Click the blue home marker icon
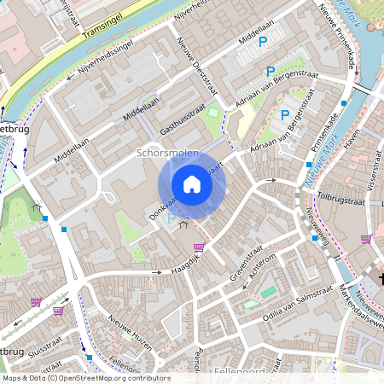pos(192,184)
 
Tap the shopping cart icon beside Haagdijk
pos(199,247)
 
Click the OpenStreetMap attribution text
pos(85,378)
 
